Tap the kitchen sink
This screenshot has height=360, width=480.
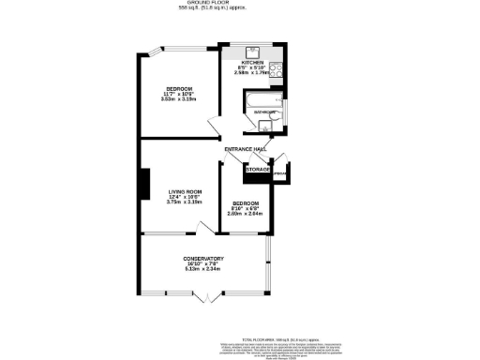click(252, 51)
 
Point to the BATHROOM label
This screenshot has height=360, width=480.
click(263, 114)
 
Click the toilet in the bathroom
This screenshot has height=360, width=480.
click(265, 130)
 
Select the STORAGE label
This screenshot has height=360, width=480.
click(259, 170)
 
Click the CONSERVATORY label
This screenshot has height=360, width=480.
click(202, 259)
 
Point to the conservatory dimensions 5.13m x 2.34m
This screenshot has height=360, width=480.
click(202, 270)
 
